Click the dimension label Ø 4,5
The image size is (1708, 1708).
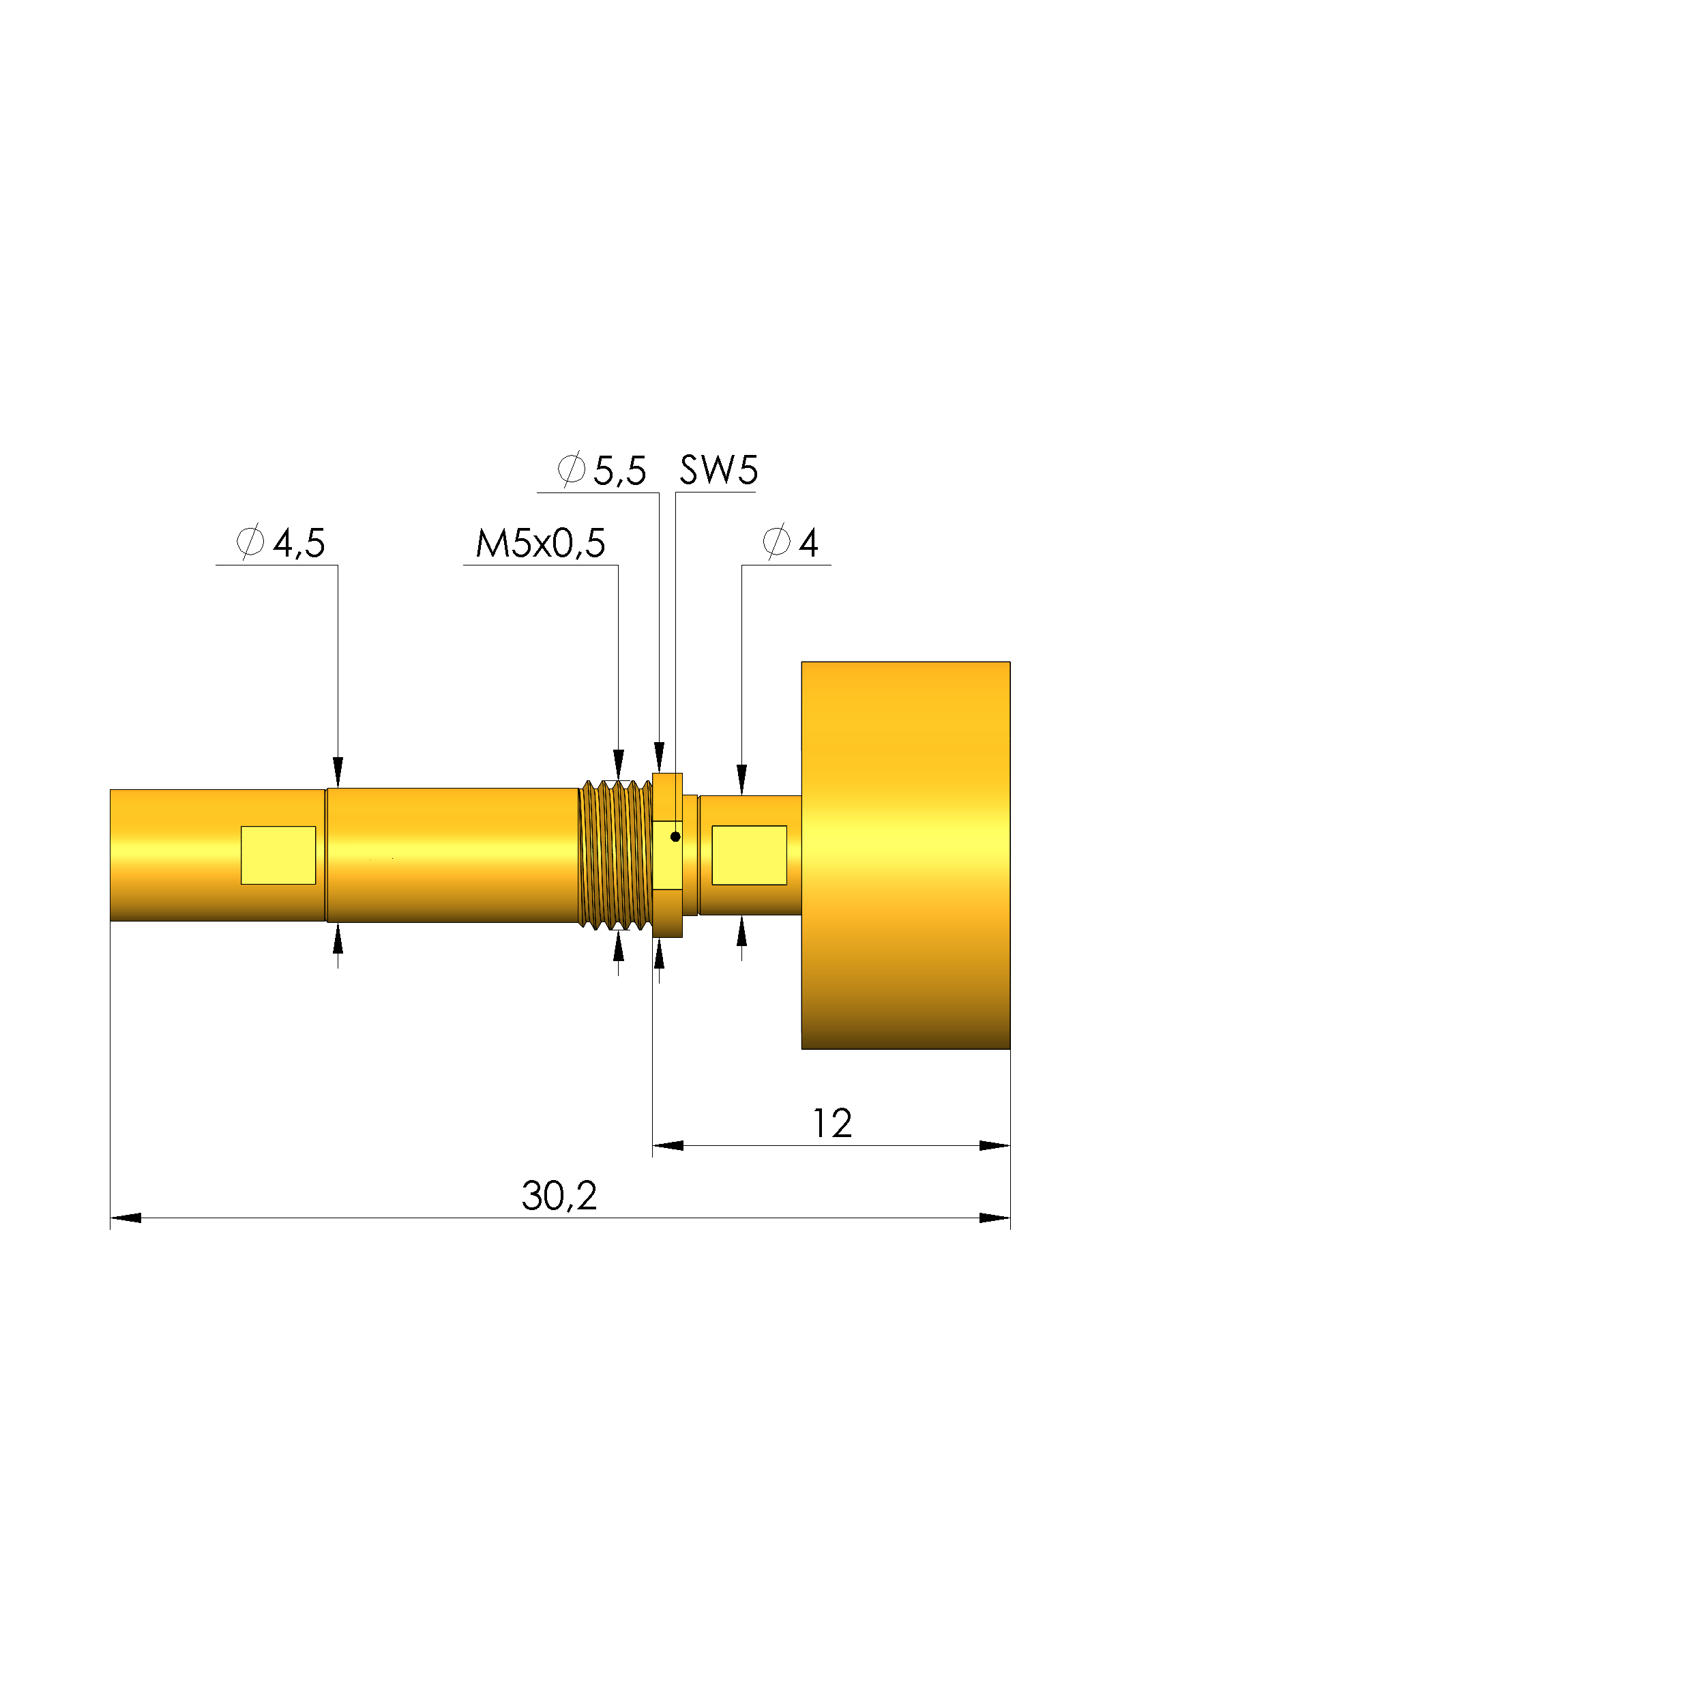click(x=281, y=543)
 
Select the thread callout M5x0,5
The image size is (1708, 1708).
click(x=540, y=544)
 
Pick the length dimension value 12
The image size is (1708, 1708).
click(x=832, y=1123)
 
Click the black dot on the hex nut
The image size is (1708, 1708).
click(x=675, y=836)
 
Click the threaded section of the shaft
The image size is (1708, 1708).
click(x=615, y=855)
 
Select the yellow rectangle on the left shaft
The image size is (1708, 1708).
click(x=278, y=855)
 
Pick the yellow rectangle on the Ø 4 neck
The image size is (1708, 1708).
click(x=749, y=855)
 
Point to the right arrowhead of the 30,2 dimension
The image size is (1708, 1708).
click(x=995, y=1218)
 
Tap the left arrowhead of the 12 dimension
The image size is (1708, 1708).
click(x=668, y=1146)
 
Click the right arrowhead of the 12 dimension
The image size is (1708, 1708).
click(x=995, y=1146)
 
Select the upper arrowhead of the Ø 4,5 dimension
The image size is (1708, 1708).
click(x=338, y=771)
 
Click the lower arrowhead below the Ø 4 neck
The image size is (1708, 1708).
click(x=741, y=931)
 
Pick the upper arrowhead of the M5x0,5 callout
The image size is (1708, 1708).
click(x=618, y=765)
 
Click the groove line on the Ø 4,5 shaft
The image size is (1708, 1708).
click(x=326, y=855)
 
